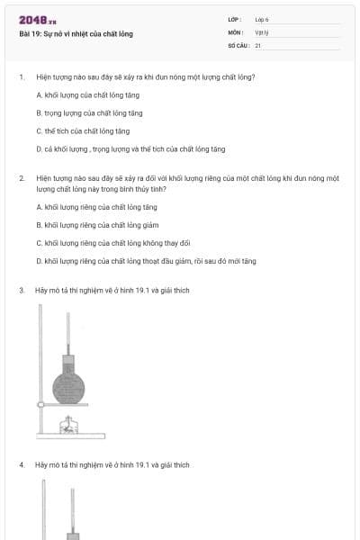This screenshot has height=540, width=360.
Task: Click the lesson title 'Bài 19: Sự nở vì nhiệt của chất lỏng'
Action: (x=76, y=34)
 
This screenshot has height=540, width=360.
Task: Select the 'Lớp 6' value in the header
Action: (x=262, y=19)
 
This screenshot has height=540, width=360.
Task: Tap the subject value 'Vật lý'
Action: (x=261, y=31)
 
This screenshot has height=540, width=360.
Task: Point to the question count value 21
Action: (x=257, y=45)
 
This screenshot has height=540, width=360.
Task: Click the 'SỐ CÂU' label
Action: (x=238, y=45)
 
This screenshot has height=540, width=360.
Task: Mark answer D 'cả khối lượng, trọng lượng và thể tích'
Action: (x=130, y=148)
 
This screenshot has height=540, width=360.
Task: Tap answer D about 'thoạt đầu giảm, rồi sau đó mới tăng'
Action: (x=146, y=261)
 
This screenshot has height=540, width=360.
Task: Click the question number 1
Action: (x=21, y=77)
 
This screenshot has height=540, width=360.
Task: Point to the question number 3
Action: (x=21, y=291)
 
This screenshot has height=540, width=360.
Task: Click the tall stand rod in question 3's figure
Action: (x=40, y=369)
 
